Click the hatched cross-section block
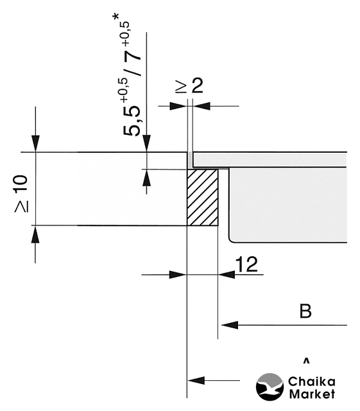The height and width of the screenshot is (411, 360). pyautogui.click(x=203, y=197)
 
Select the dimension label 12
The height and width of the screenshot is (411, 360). pyautogui.click(x=246, y=264)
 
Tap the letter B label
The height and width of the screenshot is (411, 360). pyautogui.click(x=305, y=311)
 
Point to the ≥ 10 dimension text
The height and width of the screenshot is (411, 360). pyautogui.click(x=21, y=193)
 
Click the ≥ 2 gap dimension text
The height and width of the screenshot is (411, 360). pyautogui.click(x=189, y=85)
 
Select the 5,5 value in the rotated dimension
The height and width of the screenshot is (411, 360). pyautogui.click(x=132, y=121)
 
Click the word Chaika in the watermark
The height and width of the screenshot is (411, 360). pyautogui.click(x=311, y=381)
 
